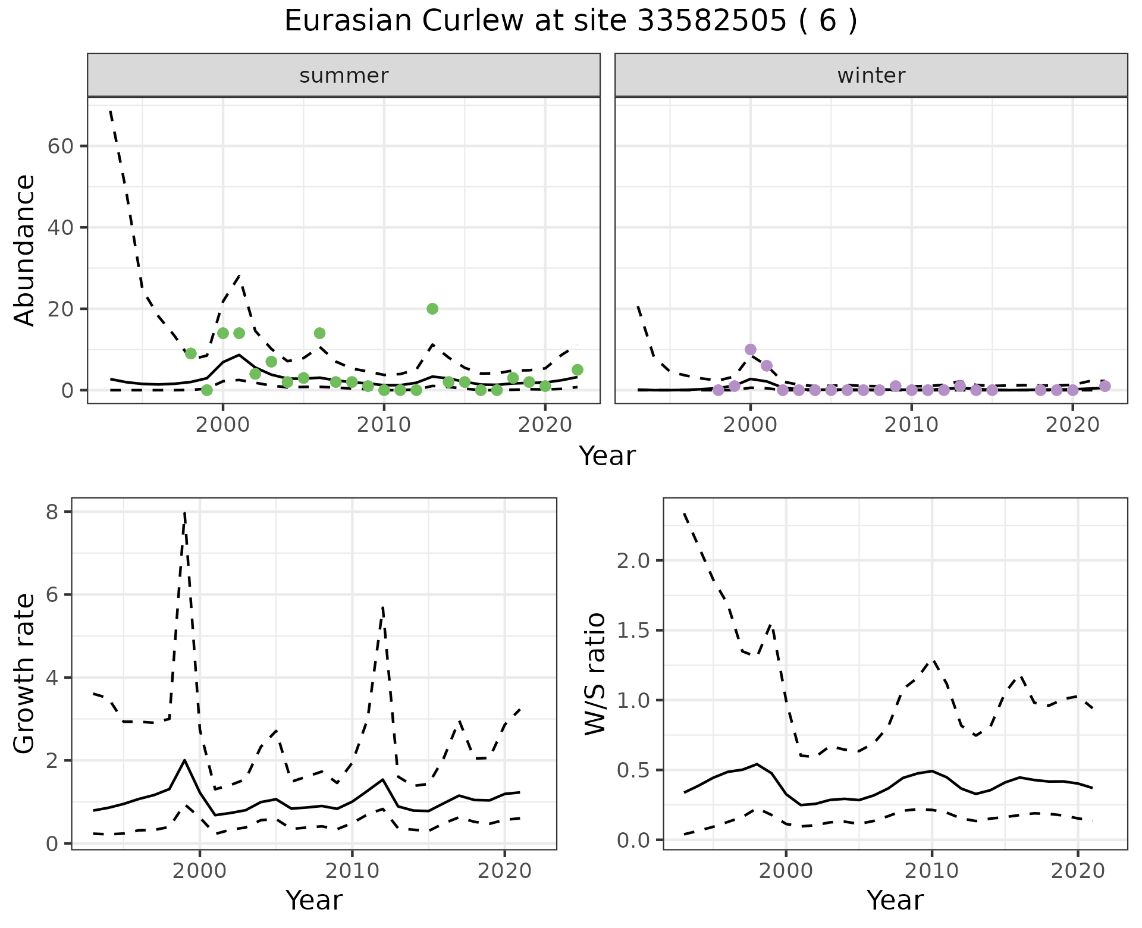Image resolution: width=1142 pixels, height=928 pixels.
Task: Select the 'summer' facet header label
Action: (344, 76)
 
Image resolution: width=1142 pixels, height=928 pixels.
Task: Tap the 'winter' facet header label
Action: (871, 76)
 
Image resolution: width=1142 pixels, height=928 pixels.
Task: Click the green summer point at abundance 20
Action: (432, 309)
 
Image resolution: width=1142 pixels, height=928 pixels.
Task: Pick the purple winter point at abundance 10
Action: (751, 349)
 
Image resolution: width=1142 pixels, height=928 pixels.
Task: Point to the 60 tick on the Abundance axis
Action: (59, 146)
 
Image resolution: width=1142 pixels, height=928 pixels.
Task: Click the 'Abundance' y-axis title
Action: (25, 250)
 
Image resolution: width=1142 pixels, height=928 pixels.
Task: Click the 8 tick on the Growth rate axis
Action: (54, 512)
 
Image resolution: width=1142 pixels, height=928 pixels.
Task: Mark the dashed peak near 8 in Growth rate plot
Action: (185, 512)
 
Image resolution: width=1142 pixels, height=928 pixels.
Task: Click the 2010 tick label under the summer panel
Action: (384, 425)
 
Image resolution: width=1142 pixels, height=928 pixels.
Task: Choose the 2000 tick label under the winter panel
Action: (751, 425)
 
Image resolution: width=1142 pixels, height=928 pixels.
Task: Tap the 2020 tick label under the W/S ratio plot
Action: (1078, 871)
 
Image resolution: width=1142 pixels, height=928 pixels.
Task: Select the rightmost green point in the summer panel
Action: (577, 370)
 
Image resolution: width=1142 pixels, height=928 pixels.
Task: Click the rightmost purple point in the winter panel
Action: (1105, 386)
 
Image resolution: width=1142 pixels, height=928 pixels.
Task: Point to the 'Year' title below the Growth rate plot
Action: (314, 900)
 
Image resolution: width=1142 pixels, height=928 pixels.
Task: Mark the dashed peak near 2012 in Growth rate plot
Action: (383, 607)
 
